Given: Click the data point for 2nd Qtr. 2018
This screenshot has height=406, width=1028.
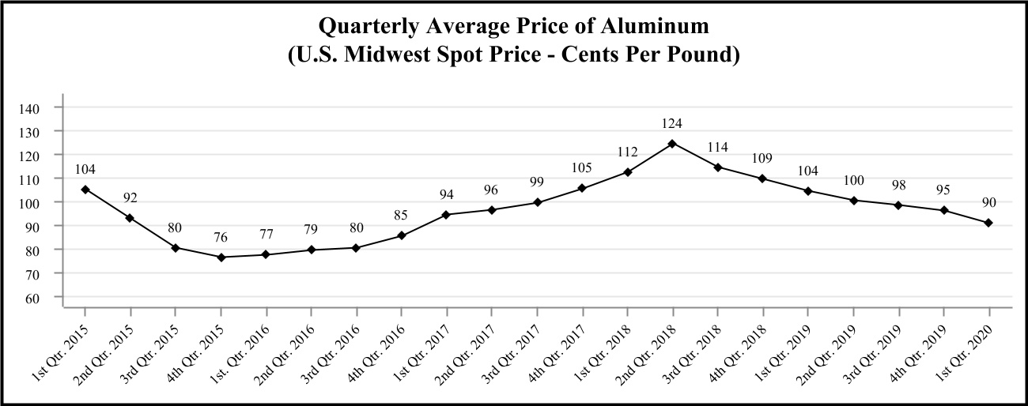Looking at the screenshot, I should click(672, 144).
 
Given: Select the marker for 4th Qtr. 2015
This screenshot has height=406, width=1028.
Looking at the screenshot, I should click(221, 258).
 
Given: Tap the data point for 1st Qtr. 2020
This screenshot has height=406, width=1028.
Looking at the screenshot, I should click(988, 223).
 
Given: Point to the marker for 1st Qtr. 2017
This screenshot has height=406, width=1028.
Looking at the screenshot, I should click(447, 215).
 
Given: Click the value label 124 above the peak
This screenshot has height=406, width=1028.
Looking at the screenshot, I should click(672, 123).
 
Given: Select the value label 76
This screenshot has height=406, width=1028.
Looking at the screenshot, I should click(221, 237).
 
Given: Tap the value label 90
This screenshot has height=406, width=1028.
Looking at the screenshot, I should click(988, 203).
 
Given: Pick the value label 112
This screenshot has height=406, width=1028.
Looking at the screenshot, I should click(627, 152).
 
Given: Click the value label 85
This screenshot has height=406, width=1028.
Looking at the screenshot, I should click(402, 215).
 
